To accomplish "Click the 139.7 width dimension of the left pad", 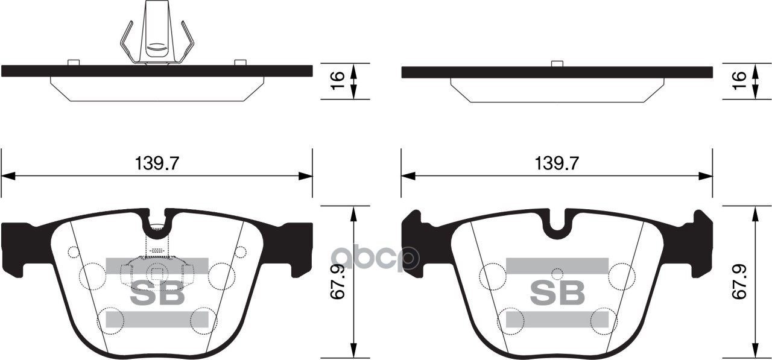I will click(156, 163).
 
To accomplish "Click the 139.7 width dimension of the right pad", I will click(557, 163).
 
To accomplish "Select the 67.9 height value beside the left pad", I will click(338, 282).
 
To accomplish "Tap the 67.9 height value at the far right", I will click(740, 282).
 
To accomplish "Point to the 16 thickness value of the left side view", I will click(338, 81).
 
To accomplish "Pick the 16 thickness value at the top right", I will click(740, 81).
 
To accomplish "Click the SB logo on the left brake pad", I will click(157, 294).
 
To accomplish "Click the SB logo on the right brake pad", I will click(557, 294).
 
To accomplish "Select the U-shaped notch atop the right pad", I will click(557, 224).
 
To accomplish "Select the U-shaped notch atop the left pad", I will click(157, 224).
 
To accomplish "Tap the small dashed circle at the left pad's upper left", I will click(74, 252).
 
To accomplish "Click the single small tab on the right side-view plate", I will click(557, 63).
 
